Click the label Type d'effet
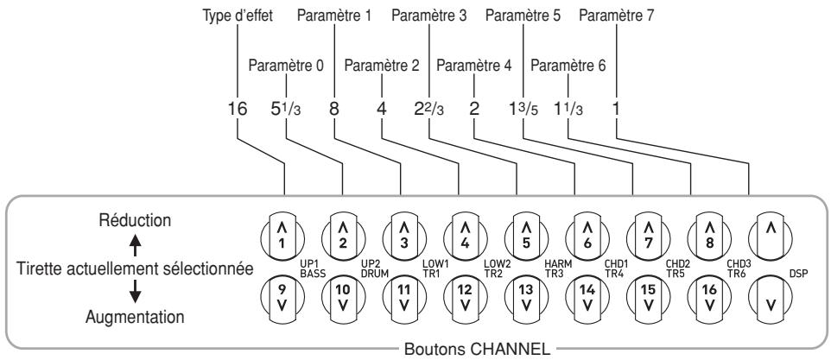(238, 16)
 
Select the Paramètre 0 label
(286, 66)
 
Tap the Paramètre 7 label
(617, 16)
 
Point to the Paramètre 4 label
(474, 66)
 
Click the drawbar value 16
(237, 109)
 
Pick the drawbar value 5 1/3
(286, 110)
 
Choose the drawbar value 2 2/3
(428, 110)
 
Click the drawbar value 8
(334, 109)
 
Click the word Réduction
(135, 220)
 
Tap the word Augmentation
(135, 318)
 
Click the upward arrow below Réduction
(135, 244)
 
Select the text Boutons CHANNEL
(477, 350)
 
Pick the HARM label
(556, 263)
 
